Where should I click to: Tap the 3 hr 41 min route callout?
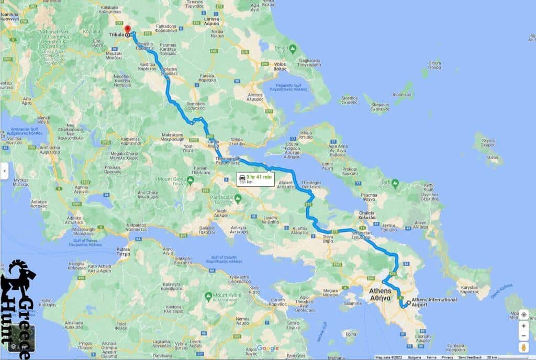pos(255,179)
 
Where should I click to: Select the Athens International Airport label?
pos(434,302)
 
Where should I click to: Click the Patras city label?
pos(123,251)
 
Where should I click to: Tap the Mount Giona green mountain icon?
pos(190,180)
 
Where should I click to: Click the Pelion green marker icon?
pos(293,49)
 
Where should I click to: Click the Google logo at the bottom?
pos(267,348)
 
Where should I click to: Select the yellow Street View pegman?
pos(523,347)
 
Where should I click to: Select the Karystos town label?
pos(470,288)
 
